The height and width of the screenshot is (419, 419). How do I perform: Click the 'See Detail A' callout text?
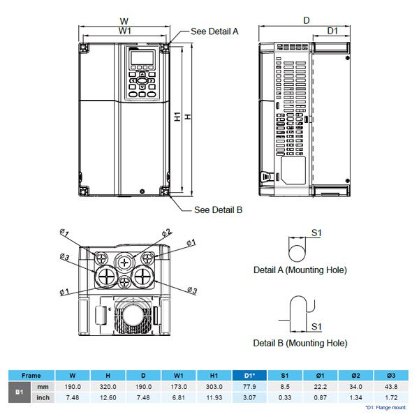click(x=215, y=31)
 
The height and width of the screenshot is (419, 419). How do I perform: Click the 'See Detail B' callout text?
click(x=218, y=209)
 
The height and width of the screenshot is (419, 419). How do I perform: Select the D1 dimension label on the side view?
click(x=332, y=31)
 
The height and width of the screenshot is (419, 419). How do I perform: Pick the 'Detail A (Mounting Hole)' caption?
click(x=300, y=270)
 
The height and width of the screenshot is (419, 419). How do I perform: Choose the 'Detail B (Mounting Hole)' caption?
click(x=300, y=343)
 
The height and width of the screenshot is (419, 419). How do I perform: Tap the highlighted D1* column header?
click(x=250, y=375)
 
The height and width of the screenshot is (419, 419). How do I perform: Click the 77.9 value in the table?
click(x=250, y=387)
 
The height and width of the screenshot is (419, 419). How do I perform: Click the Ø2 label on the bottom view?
click(x=166, y=232)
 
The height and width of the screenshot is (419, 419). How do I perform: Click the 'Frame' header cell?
click(x=31, y=375)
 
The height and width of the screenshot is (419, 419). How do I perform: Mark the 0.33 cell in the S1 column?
click(x=285, y=398)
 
